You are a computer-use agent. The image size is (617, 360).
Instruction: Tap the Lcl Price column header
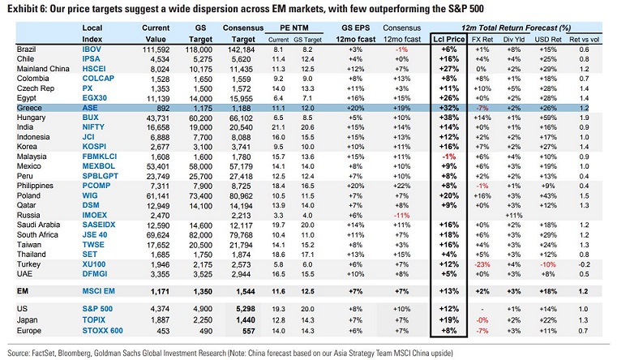[x=451, y=38]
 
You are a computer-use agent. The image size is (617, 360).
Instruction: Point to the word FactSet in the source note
[x=46, y=352]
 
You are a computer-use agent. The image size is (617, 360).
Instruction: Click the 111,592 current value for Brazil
[x=153, y=49]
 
